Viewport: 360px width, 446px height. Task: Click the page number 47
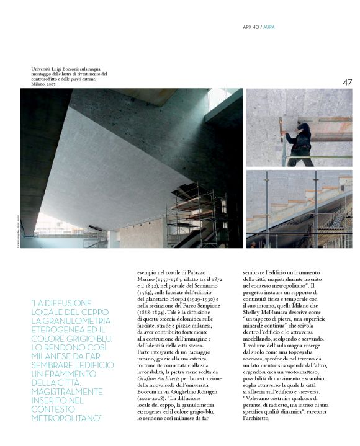coord(347,83)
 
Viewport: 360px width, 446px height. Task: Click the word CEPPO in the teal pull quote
coord(96,311)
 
